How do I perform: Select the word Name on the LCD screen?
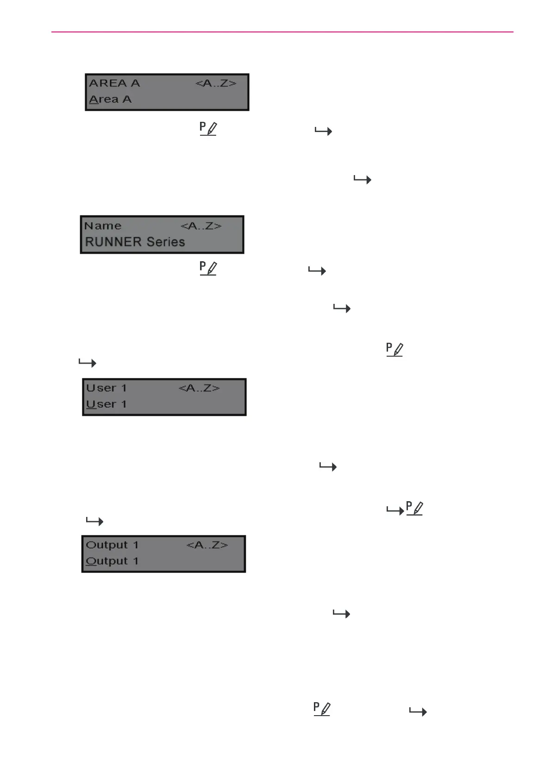tap(103, 226)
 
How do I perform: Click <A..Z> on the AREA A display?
tap(216, 83)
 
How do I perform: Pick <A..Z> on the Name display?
tap(201, 226)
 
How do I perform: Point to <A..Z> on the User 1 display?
tap(199, 388)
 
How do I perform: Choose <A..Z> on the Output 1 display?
tap(207, 545)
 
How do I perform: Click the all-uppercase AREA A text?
tap(114, 83)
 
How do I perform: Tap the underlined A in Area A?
tap(94, 100)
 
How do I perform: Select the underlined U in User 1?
tap(91, 404)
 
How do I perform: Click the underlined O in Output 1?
tap(91, 561)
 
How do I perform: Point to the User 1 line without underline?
tap(106, 388)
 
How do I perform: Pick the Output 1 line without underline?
tap(112, 545)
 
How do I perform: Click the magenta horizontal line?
tap(282, 32)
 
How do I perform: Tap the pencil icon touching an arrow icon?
tap(414, 509)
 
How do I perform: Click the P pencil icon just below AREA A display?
tap(208, 128)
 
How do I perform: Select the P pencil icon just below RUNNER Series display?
tap(208, 268)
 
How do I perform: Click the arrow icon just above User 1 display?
tap(88, 363)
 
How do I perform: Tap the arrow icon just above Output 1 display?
tap(95, 522)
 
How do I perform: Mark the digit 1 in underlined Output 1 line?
tap(136, 561)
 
